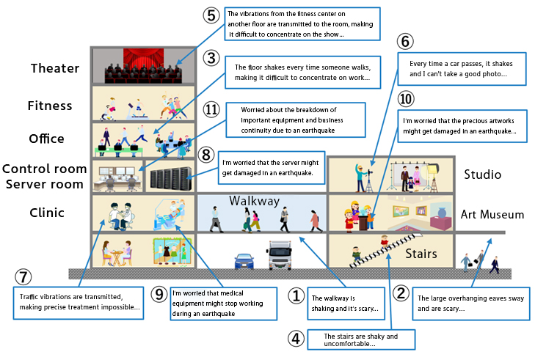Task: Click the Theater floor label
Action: click(54, 69)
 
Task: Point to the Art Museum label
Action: click(492, 215)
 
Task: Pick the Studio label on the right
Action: click(482, 175)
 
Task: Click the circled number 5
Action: click(211, 15)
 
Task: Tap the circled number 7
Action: click(23, 277)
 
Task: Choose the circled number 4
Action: click(295, 339)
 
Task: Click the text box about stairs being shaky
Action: click(361, 339)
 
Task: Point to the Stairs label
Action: click(421, 254)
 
